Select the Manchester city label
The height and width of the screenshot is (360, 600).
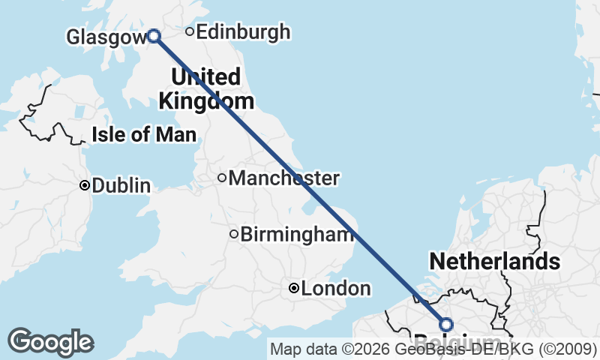click(283, 178)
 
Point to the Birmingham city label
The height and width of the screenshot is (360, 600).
click(296, 235)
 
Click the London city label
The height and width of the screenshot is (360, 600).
click(335, 289)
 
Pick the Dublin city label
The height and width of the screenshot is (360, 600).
click(121, 186)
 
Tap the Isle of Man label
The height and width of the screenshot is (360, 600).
click(144, 135)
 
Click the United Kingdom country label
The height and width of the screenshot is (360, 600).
click(205, 88)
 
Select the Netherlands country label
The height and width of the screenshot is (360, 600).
click(494, 262)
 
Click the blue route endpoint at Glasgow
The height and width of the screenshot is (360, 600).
click(154, 35)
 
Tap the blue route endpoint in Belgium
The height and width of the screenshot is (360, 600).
click(446, 325)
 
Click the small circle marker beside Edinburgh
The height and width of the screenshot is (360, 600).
click(190, 32)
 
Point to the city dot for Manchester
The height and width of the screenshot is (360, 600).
click(222, 178)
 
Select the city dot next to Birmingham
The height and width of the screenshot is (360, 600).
click(234, 235)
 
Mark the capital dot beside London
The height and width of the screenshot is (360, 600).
click(294, 289)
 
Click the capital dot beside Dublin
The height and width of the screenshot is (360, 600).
click(85, 185)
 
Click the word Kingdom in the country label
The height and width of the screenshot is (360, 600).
click(205, 100)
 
